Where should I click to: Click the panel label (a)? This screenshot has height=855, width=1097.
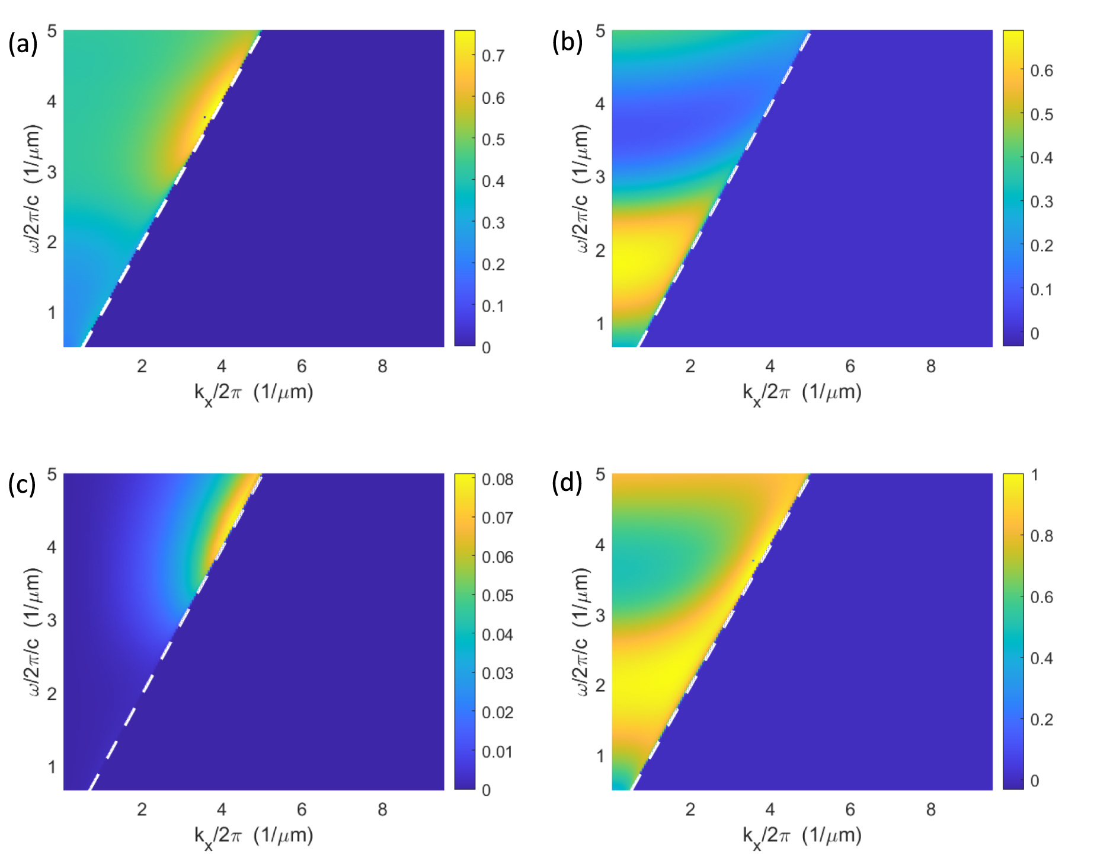pyautogui.click(x=23, y=44)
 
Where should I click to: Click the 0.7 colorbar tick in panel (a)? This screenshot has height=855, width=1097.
pyautogui.click(x=493, y=56)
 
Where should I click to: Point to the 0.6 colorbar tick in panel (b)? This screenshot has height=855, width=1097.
pyautogui.click(x=1041, y=71)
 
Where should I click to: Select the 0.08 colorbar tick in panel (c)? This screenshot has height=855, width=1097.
pyautogui.click(x=497, y=479)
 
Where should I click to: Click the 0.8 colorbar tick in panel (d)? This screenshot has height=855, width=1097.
pyautogui.click(x=1041, y=536)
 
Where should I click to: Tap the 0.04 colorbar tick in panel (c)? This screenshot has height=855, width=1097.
pyautogui.click(x=497, y=635)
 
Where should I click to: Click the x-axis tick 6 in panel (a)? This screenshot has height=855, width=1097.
pyautogui.click(x=302, y=366)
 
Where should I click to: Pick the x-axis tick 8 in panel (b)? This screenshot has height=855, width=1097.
pyautogui.click(x=930, y=366)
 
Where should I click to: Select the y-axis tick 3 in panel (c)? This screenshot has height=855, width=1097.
pyautogui.click(x=52, y=620)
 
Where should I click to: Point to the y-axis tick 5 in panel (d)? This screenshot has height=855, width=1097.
pyautogui.click(x=600, y=474)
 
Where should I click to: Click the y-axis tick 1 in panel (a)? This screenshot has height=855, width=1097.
pyautogui.click(x=52, y=312)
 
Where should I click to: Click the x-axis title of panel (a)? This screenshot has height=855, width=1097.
pyautogui.click(x=254, y=393)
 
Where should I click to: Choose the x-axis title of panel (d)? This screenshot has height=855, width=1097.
pyautogui.click(x=802, y=836)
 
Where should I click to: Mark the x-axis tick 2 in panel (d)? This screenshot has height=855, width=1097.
pyautogui.click(x=690, y=810)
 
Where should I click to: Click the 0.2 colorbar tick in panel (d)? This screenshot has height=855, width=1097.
pyautogui.click(x=1041, y=720)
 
